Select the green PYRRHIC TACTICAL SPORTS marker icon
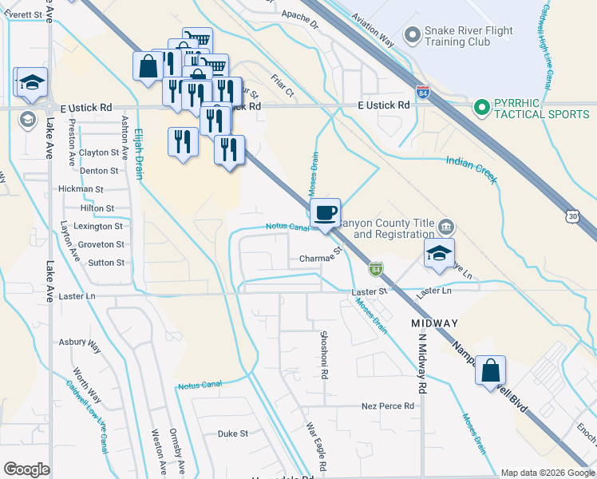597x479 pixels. pos(481,106)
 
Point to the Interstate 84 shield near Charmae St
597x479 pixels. pos(376,270)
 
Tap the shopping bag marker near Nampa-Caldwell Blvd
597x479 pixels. pos(491,371)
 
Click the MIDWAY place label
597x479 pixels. pos(434,323)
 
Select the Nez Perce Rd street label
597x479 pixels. pos(388,406)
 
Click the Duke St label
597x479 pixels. pos(233,433)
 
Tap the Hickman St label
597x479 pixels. pos(81,189)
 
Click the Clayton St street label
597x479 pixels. pos(98,152)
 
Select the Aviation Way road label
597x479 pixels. pos(373,34)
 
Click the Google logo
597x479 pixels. pos(26,469)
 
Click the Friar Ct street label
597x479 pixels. pos(283,87)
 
